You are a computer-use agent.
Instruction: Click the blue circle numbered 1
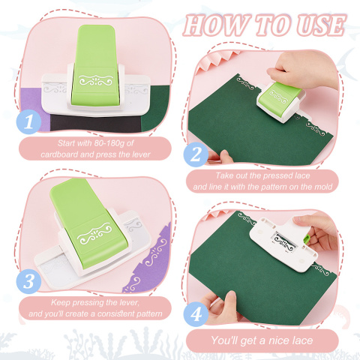pyautogui.click(x=28, y=121)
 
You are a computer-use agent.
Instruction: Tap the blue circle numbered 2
pyautogui.click(x=196, y=154)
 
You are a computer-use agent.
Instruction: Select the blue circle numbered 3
pyautogui.click(x=28, y=281)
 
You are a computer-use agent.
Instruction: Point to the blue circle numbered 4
pyautogui.click(x=196, y=314)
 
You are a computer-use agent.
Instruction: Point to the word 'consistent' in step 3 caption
pyautogui.click(x=115, y=313)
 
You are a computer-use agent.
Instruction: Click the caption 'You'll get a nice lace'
pyautogui.click(x=262, y=340)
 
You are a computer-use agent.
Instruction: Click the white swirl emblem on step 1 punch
pyautogui.click(x=96, y=80)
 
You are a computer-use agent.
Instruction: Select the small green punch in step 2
pyautogui.click(x=280, y=101)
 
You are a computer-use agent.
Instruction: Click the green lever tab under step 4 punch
pyautogui.click(x=307, y=238)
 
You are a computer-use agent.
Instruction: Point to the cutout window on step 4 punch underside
pyautogui.click(x=284, y=241)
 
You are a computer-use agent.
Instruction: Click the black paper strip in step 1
pyautogui.click(x=96, y=124)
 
